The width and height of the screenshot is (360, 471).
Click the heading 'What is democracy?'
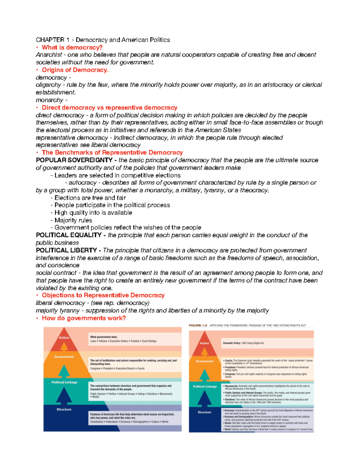(x=72, y=47)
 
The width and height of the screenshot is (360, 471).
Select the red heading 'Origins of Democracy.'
(x=75, y=70)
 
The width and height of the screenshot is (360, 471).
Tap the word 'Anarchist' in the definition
(x=49, y=55)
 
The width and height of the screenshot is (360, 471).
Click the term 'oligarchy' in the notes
(x=48, y=85)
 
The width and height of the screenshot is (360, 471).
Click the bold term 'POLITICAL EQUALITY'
(x=69, y=235)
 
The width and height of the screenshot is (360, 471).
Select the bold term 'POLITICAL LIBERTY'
(x=66, y=250)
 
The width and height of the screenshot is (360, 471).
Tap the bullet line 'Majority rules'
(x=73, y=220)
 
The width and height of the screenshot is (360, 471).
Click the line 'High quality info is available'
(x=93, y=213)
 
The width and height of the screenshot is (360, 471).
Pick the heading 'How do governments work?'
(x=84, y=318)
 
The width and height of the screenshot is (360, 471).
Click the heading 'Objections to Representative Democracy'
(x=103, y=295)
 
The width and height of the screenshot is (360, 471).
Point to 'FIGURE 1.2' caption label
(x=198, y=325)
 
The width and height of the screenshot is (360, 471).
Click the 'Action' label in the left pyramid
(x=64, y=337)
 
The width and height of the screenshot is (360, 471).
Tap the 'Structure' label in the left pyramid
(x=64, y=409)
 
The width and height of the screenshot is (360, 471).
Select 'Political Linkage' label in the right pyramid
(x=205, y=386)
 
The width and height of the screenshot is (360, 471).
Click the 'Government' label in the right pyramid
(x=205, y=361)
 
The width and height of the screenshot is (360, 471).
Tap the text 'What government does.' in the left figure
(x=104, y=337)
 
